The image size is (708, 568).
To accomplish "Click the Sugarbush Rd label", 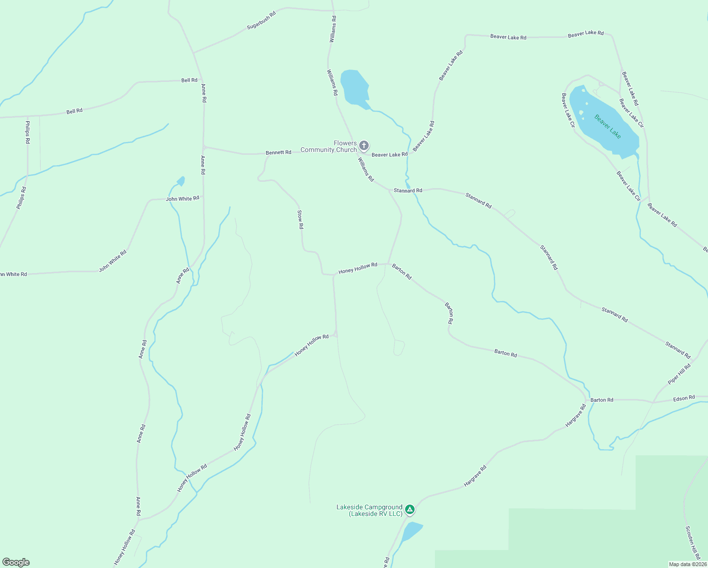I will tap(261, 21).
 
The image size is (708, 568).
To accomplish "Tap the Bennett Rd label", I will tap(278, 152).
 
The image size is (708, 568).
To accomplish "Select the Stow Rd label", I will tap(300, 220).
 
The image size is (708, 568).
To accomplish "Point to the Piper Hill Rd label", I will tap(679, 374).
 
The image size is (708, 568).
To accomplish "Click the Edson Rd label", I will tap(684, 398).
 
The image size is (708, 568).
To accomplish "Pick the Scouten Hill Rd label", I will tap(693, 542).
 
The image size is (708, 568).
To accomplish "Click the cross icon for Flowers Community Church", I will tap(363, 145).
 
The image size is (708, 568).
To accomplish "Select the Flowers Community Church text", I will tap(329, 146).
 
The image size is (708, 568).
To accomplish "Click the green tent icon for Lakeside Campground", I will tap(410, 510).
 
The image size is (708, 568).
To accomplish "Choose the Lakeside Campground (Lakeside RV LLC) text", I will tap(369, 510).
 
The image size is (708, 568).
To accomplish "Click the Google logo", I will tap(16, 562).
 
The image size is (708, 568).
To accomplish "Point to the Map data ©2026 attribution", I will tap(688, 564).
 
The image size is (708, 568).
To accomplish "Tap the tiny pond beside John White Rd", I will tap(181, 181).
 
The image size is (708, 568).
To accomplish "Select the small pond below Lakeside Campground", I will tap(411, 531).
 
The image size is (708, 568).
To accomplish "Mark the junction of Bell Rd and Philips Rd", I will tap(27, 115).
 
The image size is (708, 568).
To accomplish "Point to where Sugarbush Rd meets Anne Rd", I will tap(194, 53).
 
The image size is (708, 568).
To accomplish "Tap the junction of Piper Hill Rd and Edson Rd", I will tap(653, 402).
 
